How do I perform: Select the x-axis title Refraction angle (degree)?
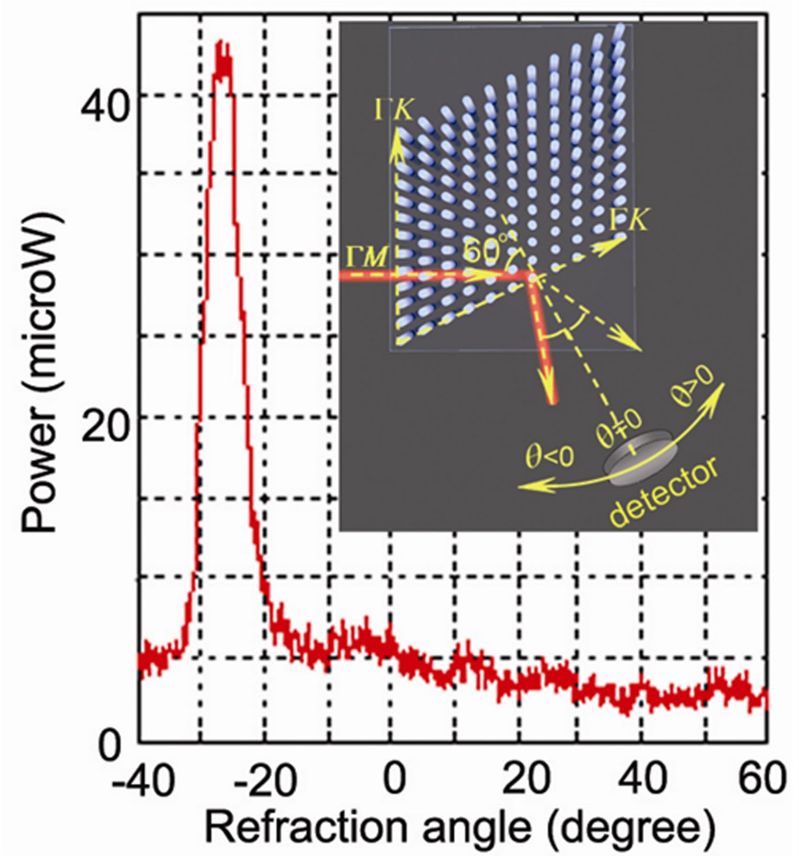(x=460, y=828)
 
